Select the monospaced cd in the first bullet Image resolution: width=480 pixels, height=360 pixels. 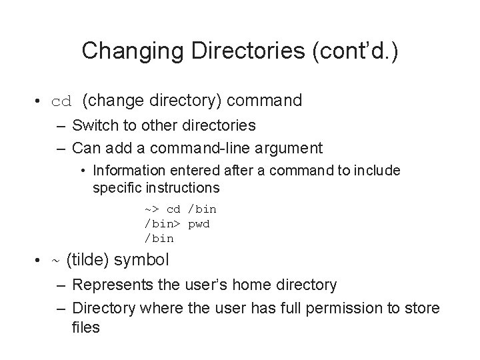click(x=61, y=102)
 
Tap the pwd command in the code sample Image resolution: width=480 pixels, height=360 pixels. click(x=199, y=223)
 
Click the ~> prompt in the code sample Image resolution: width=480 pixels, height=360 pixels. click(x=151, y=209)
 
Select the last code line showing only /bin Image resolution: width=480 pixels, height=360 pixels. click(x=159, y=237)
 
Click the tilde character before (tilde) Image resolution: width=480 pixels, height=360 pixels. click(x=55, y=260)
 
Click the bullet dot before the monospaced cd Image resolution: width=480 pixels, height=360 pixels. click(x=41, y=102)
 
